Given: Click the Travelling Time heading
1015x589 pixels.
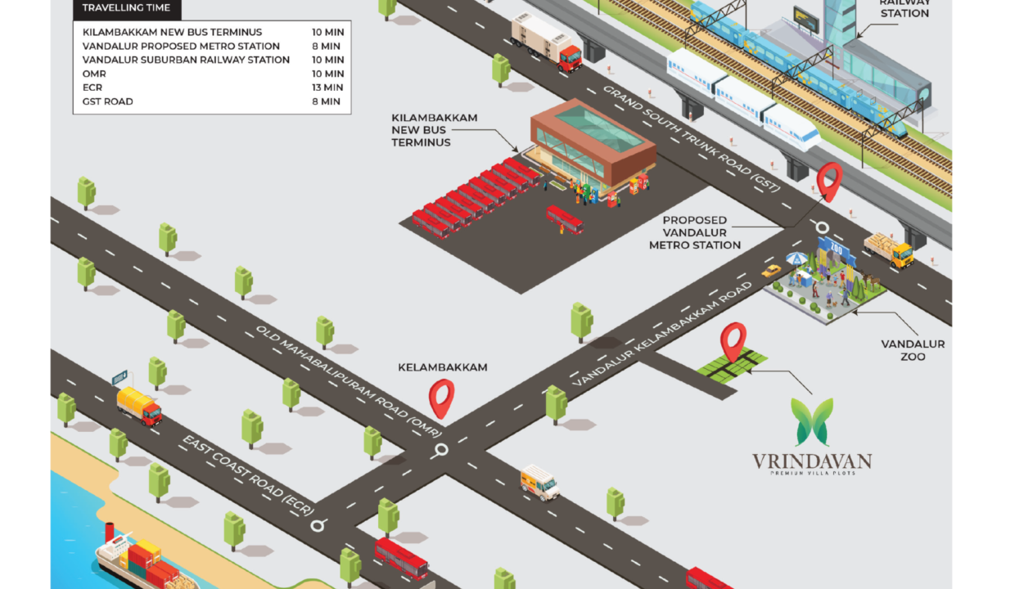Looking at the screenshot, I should click(x=127, y=8).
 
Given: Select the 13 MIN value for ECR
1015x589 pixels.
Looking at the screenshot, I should click(x=327, y=88).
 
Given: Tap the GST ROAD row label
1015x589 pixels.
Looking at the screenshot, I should click(x=108, y=101).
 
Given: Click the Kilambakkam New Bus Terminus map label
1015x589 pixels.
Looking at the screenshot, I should click(x=434, y=130).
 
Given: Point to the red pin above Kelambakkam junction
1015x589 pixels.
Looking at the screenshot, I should click(x=441, y=398).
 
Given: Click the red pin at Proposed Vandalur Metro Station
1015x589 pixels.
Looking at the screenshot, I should click(x=830, y=181).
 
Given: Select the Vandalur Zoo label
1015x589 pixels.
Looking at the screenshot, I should click(x=913, y=350).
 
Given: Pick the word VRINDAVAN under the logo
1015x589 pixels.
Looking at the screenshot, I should click(x=812, y=461).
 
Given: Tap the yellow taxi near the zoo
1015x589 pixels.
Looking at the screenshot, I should click(x=771, y=270).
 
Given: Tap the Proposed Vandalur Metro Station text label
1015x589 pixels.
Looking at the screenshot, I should click(x=695, y=232).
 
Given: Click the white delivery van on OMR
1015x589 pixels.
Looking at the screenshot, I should click(x=540, y=482).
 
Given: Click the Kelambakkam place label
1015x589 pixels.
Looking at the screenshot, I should click(x=442, y=367).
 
